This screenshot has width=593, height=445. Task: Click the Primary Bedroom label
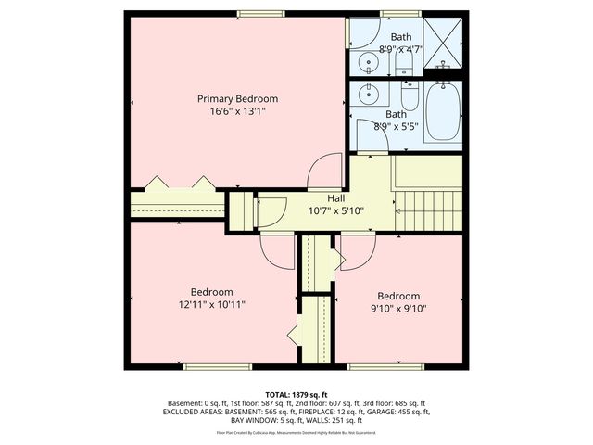237,98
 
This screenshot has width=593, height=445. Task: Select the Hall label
335,197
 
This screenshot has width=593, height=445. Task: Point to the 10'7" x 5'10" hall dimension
335,210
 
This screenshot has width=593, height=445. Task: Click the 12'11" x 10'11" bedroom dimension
211,303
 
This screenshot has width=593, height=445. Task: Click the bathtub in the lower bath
442,111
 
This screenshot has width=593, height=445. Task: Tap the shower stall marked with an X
441,45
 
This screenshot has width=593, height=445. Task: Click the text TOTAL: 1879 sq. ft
296,394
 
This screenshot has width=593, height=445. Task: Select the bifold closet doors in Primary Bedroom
178,181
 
